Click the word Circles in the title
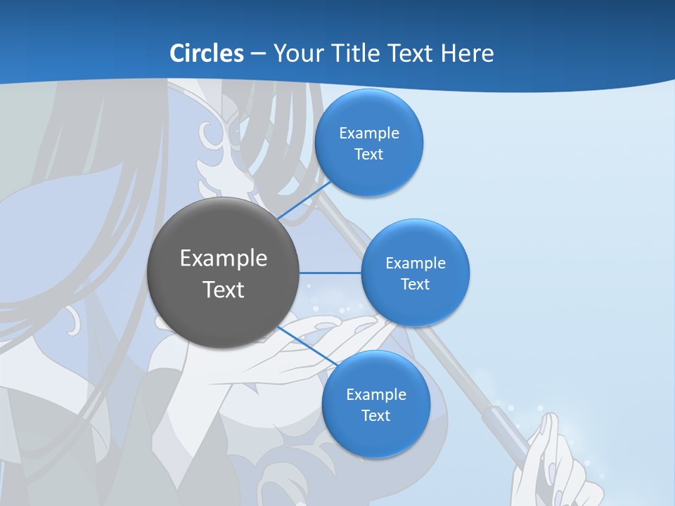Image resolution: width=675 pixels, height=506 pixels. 207,53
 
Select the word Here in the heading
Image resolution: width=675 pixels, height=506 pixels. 467,53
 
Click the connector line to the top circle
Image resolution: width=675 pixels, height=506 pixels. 304,200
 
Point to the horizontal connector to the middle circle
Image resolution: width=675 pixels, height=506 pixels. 330,273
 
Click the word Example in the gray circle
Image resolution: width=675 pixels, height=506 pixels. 223,258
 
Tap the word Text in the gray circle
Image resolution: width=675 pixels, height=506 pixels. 223,289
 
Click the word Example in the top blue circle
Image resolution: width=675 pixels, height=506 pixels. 368,133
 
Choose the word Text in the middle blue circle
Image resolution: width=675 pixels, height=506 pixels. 415,284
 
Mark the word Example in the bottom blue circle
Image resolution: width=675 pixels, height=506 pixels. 375,394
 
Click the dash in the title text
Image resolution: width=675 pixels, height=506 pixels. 258,54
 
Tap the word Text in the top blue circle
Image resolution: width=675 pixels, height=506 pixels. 368,154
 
